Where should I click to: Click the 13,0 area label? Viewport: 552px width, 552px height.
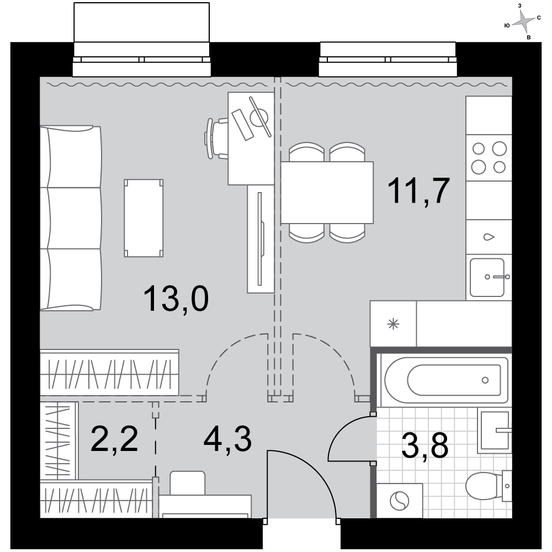[176, 299]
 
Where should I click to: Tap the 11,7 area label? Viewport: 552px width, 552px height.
[418, 191]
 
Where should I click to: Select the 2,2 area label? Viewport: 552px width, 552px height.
[114, 438]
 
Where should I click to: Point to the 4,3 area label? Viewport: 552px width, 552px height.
[228, 438]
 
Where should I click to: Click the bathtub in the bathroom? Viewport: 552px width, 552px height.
[446, 380]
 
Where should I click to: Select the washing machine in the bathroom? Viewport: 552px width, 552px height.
[400, 500]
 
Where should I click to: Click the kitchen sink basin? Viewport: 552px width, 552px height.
[487, 278]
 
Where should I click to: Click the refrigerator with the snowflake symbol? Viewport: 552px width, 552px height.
[393, 323]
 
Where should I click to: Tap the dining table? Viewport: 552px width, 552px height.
[327, 192]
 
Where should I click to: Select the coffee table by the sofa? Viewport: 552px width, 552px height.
[144, 218]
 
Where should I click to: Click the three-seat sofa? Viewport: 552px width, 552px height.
[71, 218]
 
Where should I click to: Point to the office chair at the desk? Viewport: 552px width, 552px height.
[216, 139]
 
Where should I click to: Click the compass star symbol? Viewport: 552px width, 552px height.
[523, 22]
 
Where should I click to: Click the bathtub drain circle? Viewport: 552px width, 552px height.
[485, 380]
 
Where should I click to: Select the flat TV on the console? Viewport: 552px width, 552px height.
[261, 238]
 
